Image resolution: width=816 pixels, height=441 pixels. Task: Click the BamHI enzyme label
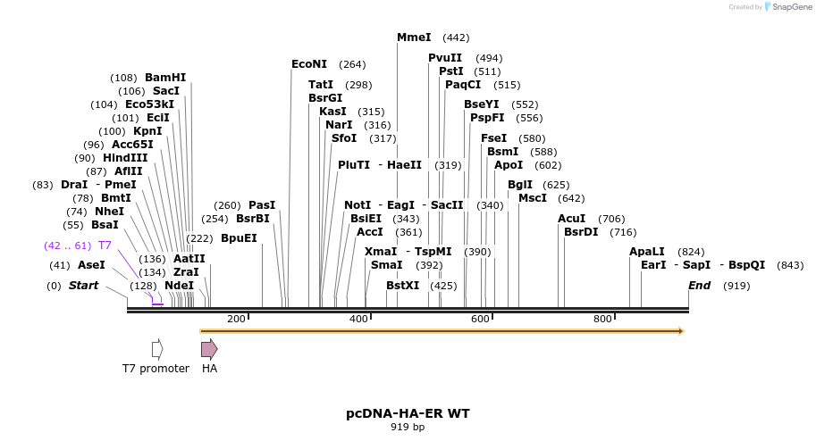165,78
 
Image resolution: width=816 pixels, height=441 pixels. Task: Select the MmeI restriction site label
414,37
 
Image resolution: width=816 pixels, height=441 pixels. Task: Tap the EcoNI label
309,64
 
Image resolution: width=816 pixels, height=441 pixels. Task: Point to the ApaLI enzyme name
647,252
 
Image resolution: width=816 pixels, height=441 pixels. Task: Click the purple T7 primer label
105,245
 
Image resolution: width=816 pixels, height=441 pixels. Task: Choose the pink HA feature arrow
209,349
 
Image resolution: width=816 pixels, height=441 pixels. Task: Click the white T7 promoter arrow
157,349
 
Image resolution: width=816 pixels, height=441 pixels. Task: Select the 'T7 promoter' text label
156,368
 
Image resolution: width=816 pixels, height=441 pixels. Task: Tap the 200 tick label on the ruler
236,319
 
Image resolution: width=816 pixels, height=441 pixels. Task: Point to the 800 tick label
602,319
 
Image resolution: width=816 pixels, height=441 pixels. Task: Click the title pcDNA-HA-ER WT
408,413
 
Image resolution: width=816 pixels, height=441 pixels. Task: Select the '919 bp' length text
408,427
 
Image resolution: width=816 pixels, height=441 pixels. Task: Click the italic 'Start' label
83,286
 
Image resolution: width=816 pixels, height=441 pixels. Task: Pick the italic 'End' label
700,286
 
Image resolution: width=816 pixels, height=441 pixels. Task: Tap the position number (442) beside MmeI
456,37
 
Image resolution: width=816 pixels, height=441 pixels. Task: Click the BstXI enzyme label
402,286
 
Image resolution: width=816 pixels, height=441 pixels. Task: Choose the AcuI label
571,219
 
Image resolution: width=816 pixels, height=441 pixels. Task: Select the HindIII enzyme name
125,158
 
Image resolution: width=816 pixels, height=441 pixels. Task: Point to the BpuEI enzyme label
239,238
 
